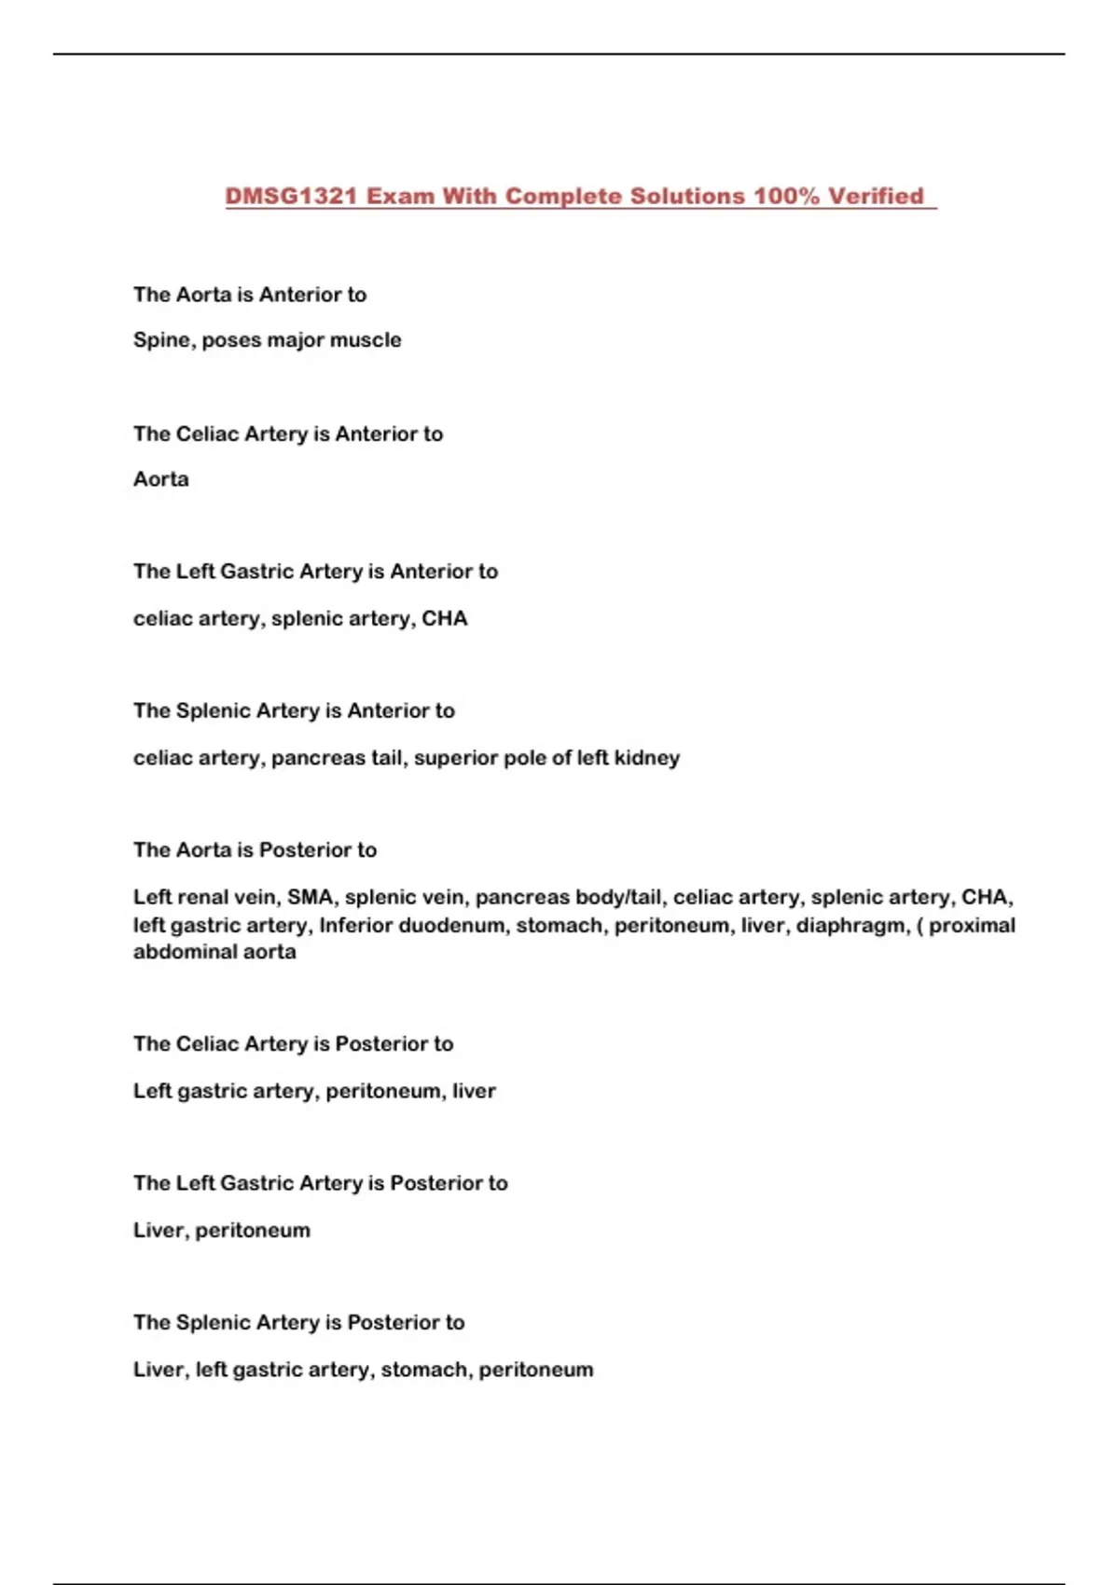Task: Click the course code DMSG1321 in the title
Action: tap(291, 196)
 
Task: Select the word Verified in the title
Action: tap(876, 196)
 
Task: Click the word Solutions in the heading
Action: tap(686, 196)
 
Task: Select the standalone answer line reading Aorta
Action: tap(161, 479)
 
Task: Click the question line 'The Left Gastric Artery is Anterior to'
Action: tap(315, 572)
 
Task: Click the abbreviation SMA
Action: tap(311, 897)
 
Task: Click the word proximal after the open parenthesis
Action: tap(972, 925)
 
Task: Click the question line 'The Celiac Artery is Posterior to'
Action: tap(293, 1044)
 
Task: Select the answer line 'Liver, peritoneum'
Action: tap(222, 1231)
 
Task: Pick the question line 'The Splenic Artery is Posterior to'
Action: tap(298, 1323)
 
